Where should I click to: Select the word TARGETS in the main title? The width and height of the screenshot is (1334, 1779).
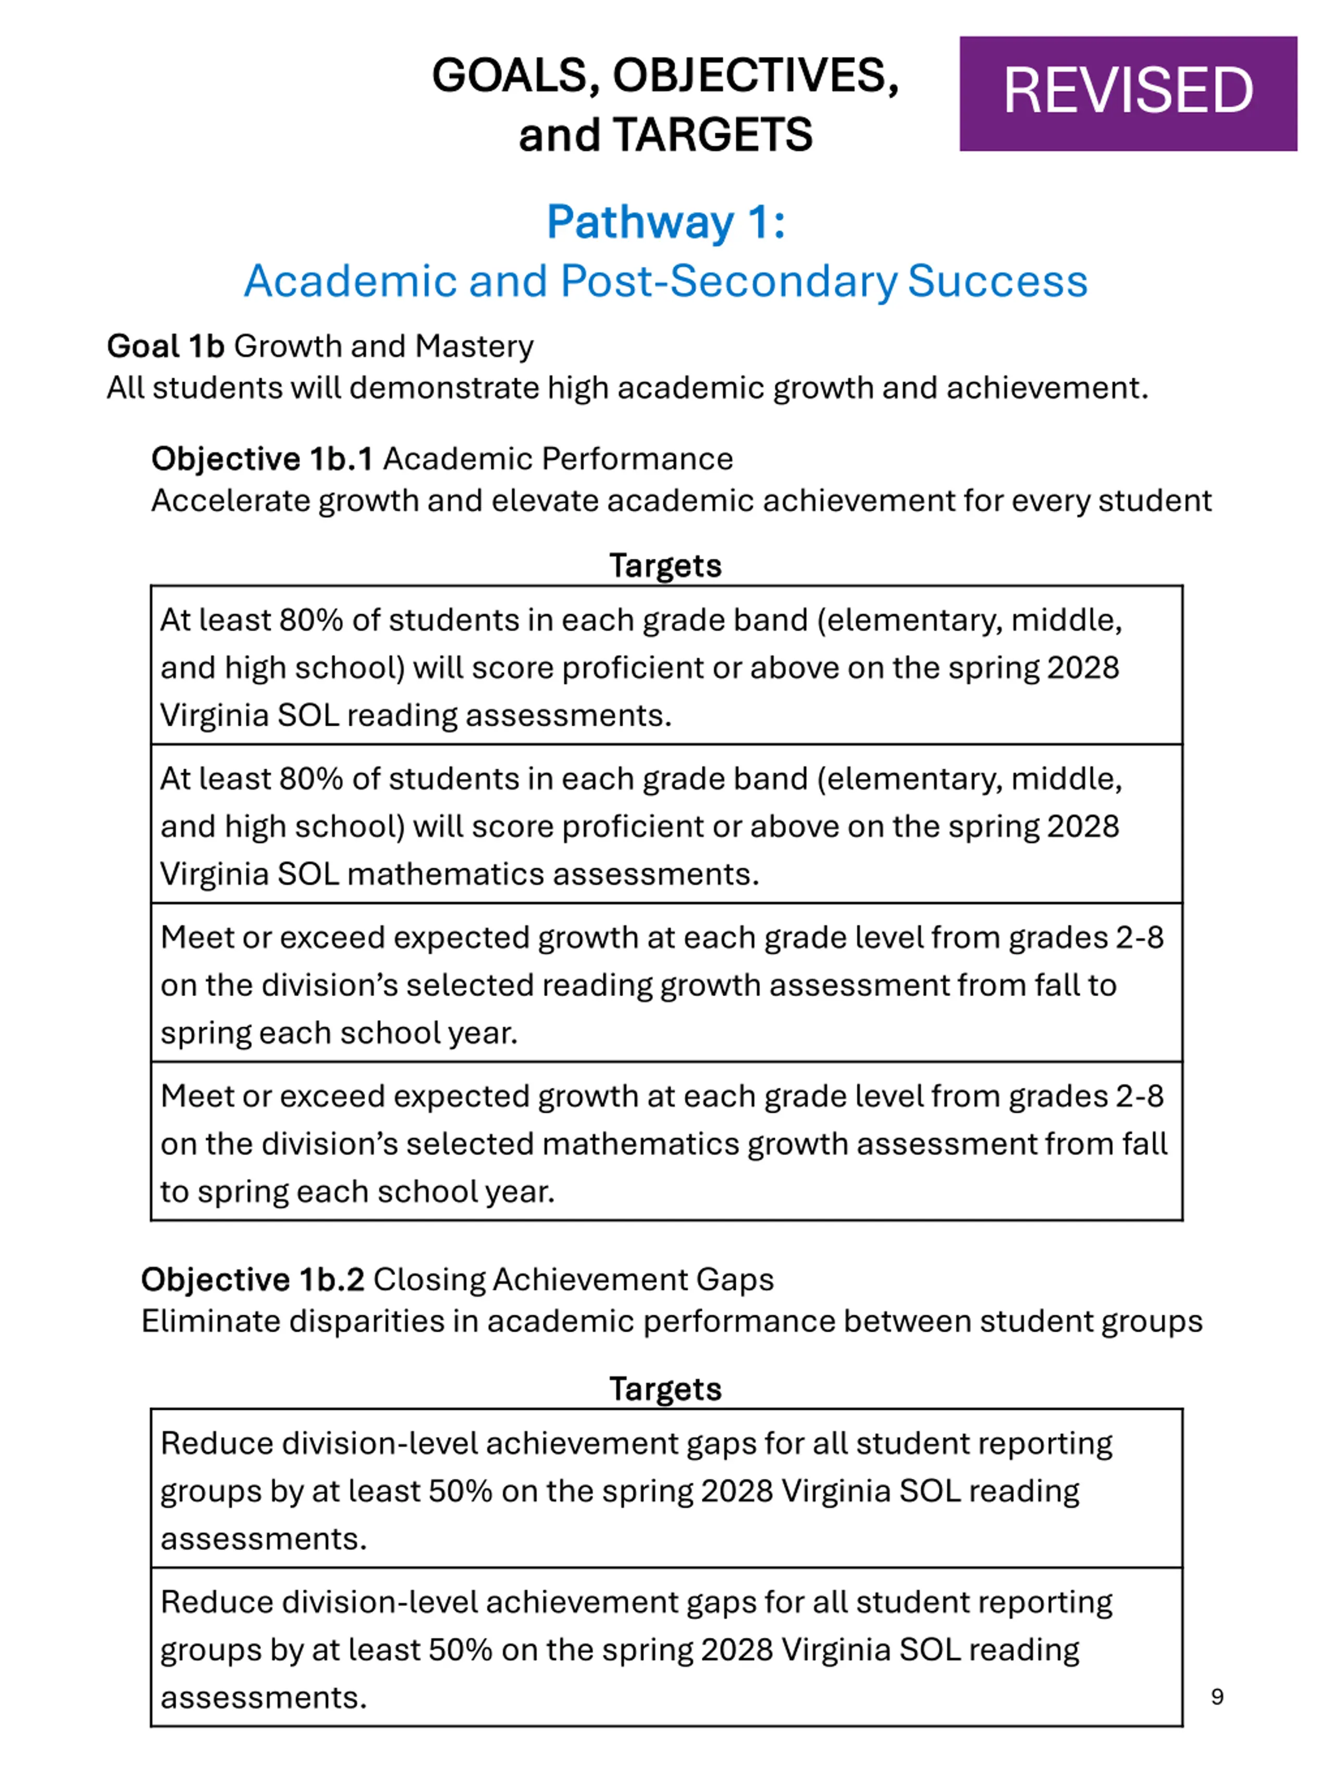(712, 134)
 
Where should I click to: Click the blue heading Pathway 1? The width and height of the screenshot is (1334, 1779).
(666, 222)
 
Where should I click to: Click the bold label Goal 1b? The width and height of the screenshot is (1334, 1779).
(166, 347)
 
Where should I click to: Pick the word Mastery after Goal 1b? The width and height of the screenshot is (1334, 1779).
(474, 347)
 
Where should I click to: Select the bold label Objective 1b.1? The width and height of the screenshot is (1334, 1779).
(262, 459)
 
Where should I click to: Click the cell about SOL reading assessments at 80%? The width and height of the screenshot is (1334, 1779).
(666, 667)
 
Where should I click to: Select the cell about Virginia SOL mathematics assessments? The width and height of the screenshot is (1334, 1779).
(666, 825)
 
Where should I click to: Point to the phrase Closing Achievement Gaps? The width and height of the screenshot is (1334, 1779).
(573, 1280)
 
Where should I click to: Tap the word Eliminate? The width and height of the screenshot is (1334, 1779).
(210, 1321)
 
